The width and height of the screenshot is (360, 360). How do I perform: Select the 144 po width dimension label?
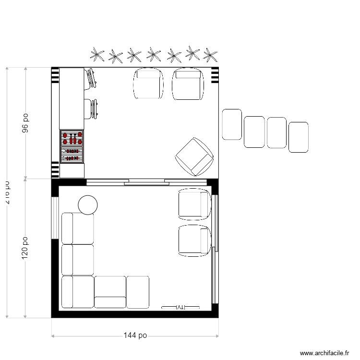click(x=135, y=336)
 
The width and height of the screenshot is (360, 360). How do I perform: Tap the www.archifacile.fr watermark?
click(x=325, y=353)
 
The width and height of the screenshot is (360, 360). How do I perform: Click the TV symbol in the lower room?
click(x=180, y=307)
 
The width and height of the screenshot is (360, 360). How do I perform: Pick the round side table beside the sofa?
click(x=88, y=205)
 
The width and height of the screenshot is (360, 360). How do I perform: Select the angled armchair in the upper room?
click(x=194, y=156)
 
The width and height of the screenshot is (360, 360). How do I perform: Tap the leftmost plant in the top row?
click(x=97, y=55)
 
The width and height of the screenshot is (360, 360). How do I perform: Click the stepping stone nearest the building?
click(x=232, y=124)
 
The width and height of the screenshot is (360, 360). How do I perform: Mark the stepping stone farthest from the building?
click(x=298, y=137)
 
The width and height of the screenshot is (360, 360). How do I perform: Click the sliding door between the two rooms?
click(x=144, y=182)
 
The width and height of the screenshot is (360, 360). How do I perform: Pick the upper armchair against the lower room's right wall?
click(x=194, y=204)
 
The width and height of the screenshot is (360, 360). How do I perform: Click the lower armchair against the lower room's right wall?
click(x=194, y=240)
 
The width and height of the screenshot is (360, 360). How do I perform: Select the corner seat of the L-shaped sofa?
click(x=77, y=291)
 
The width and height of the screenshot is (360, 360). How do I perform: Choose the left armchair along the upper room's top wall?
click(x=149, y=84)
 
